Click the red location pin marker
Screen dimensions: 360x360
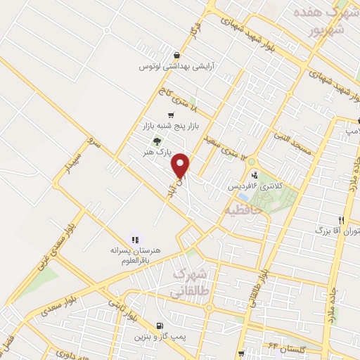181,166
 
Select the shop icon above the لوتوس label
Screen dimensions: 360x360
175,56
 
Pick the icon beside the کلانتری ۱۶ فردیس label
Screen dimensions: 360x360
254,176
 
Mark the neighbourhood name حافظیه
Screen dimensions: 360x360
243,209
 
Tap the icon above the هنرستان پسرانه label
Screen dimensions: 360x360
135,239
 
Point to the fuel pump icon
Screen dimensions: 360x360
161,326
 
